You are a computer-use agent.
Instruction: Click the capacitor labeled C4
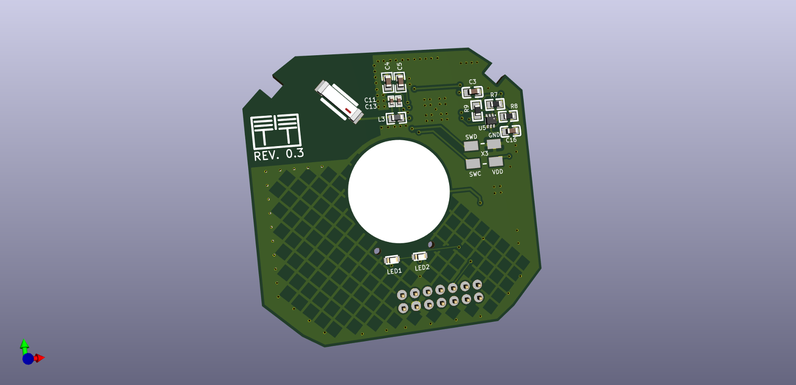tap(388, 83)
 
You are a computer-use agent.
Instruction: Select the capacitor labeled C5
tap(400, 82)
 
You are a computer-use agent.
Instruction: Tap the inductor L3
tap(397, 118)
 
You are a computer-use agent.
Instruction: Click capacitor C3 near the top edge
tap(473, 92)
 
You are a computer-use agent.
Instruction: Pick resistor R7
tap(495, 104)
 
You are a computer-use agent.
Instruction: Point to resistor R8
tap(508, 116)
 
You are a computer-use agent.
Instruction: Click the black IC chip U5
tap(491, 120)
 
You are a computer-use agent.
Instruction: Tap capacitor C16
tap(511, 131)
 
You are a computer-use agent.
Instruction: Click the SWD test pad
tap(471, 146)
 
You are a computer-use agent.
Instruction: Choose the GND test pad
tap(494, 144)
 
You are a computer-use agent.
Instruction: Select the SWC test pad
tap(473, 164)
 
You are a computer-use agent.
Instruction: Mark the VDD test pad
tap(496, 161)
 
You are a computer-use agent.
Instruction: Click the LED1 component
tap(392, 260)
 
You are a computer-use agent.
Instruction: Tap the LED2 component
tap(420, 256)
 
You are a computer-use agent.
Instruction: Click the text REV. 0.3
tap(279, 155)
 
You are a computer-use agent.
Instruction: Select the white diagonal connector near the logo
tap(339, 102)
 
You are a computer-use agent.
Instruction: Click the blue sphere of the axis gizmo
tap(28, 359)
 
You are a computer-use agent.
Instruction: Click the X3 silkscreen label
tap(484, 153)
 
